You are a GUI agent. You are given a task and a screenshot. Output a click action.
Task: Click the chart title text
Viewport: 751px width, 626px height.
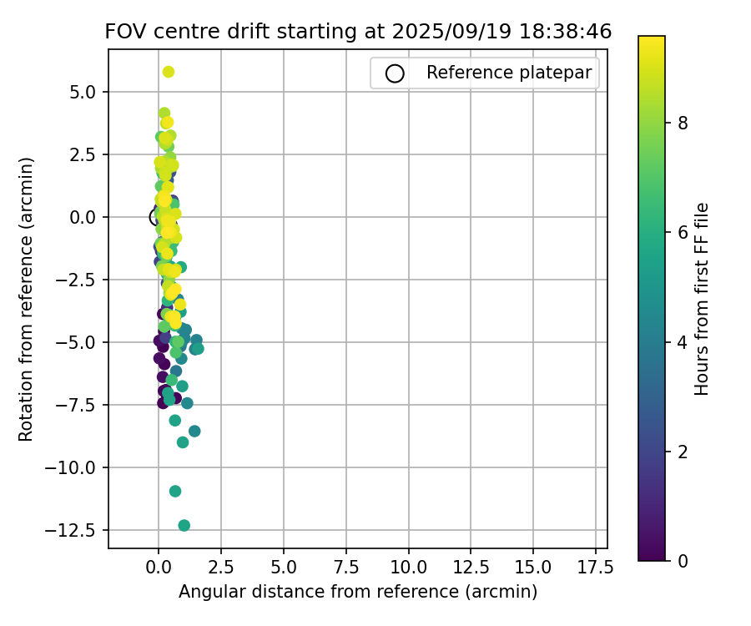click(x=358, y=32)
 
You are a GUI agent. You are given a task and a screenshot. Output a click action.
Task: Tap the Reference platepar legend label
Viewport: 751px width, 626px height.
click(x=508, y=73)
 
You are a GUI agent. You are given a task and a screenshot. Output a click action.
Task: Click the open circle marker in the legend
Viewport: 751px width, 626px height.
click(x=395, y=73)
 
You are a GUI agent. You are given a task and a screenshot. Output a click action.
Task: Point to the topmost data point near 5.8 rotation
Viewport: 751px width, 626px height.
click(x=169, y=72)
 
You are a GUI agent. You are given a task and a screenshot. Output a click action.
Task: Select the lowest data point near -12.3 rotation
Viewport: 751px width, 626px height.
click(x=184, y=525)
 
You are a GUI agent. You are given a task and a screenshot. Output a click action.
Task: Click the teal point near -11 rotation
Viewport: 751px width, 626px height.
click(x=175, y=491)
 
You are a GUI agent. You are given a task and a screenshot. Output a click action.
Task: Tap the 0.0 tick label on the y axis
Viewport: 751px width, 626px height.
click(x=87, y=217)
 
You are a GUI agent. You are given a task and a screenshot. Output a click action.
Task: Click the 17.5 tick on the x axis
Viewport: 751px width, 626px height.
click(x=596, y=568)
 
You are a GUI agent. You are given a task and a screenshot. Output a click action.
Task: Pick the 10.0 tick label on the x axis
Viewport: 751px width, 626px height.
click(x=408, y=568)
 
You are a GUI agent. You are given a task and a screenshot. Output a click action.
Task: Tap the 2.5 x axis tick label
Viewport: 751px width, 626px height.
click(x=221, y=568)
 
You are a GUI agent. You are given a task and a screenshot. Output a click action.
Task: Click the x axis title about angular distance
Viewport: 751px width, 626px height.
click(x=358, y=592)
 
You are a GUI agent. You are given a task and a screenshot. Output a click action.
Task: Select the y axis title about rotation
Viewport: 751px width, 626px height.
click(x=26, y=299)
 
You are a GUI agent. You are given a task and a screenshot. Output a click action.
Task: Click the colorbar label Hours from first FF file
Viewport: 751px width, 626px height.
click(x=702, y=299)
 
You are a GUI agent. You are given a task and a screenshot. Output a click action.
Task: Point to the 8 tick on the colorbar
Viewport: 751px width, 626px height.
click(x=683, y=123)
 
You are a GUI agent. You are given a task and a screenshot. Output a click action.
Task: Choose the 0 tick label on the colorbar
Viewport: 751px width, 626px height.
click(x=683, y=560)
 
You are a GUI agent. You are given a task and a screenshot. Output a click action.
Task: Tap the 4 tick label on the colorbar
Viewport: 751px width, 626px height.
click(x=683, y=341)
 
